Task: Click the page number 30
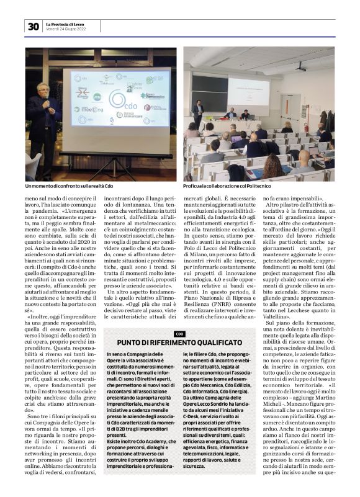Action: [33, 26]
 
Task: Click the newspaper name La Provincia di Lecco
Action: [67, 24]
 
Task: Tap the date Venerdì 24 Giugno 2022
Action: [65, 29]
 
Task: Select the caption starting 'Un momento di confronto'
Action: [69, 186]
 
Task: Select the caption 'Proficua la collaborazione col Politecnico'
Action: [232, 186]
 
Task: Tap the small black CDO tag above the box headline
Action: [179, 334]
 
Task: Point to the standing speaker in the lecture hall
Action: [197, 114]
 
